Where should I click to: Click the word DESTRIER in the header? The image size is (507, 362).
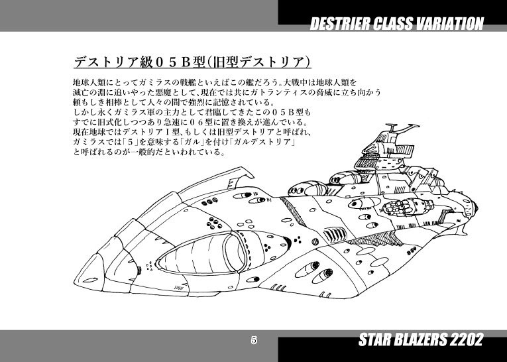pyautogui.click(x=340, y=24)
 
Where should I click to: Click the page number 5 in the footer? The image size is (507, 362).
pyautogui.click(x=254, y=340)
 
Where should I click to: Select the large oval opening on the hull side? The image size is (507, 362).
pyautogui.click(x=201, y=253)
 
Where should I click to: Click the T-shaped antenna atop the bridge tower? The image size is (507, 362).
pyautogui.click(x=391, y=127)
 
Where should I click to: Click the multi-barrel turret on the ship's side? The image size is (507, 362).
pyautogui.click(x=408, y=206)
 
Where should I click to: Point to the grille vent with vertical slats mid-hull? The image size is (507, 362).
pyautogui.click(x=335, y=234)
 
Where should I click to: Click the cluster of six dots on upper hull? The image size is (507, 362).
pyautogui.click(x=214, y=223)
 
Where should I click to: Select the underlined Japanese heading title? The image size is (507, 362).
pyautogui.click(x=192, y=62)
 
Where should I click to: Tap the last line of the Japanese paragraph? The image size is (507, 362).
pyautogui.click(x=149, y=151)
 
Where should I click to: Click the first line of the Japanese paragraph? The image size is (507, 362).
pyautogui.click(x=215, y=82)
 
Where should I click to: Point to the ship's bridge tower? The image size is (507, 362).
pyautogui.click(x=386, y=152)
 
